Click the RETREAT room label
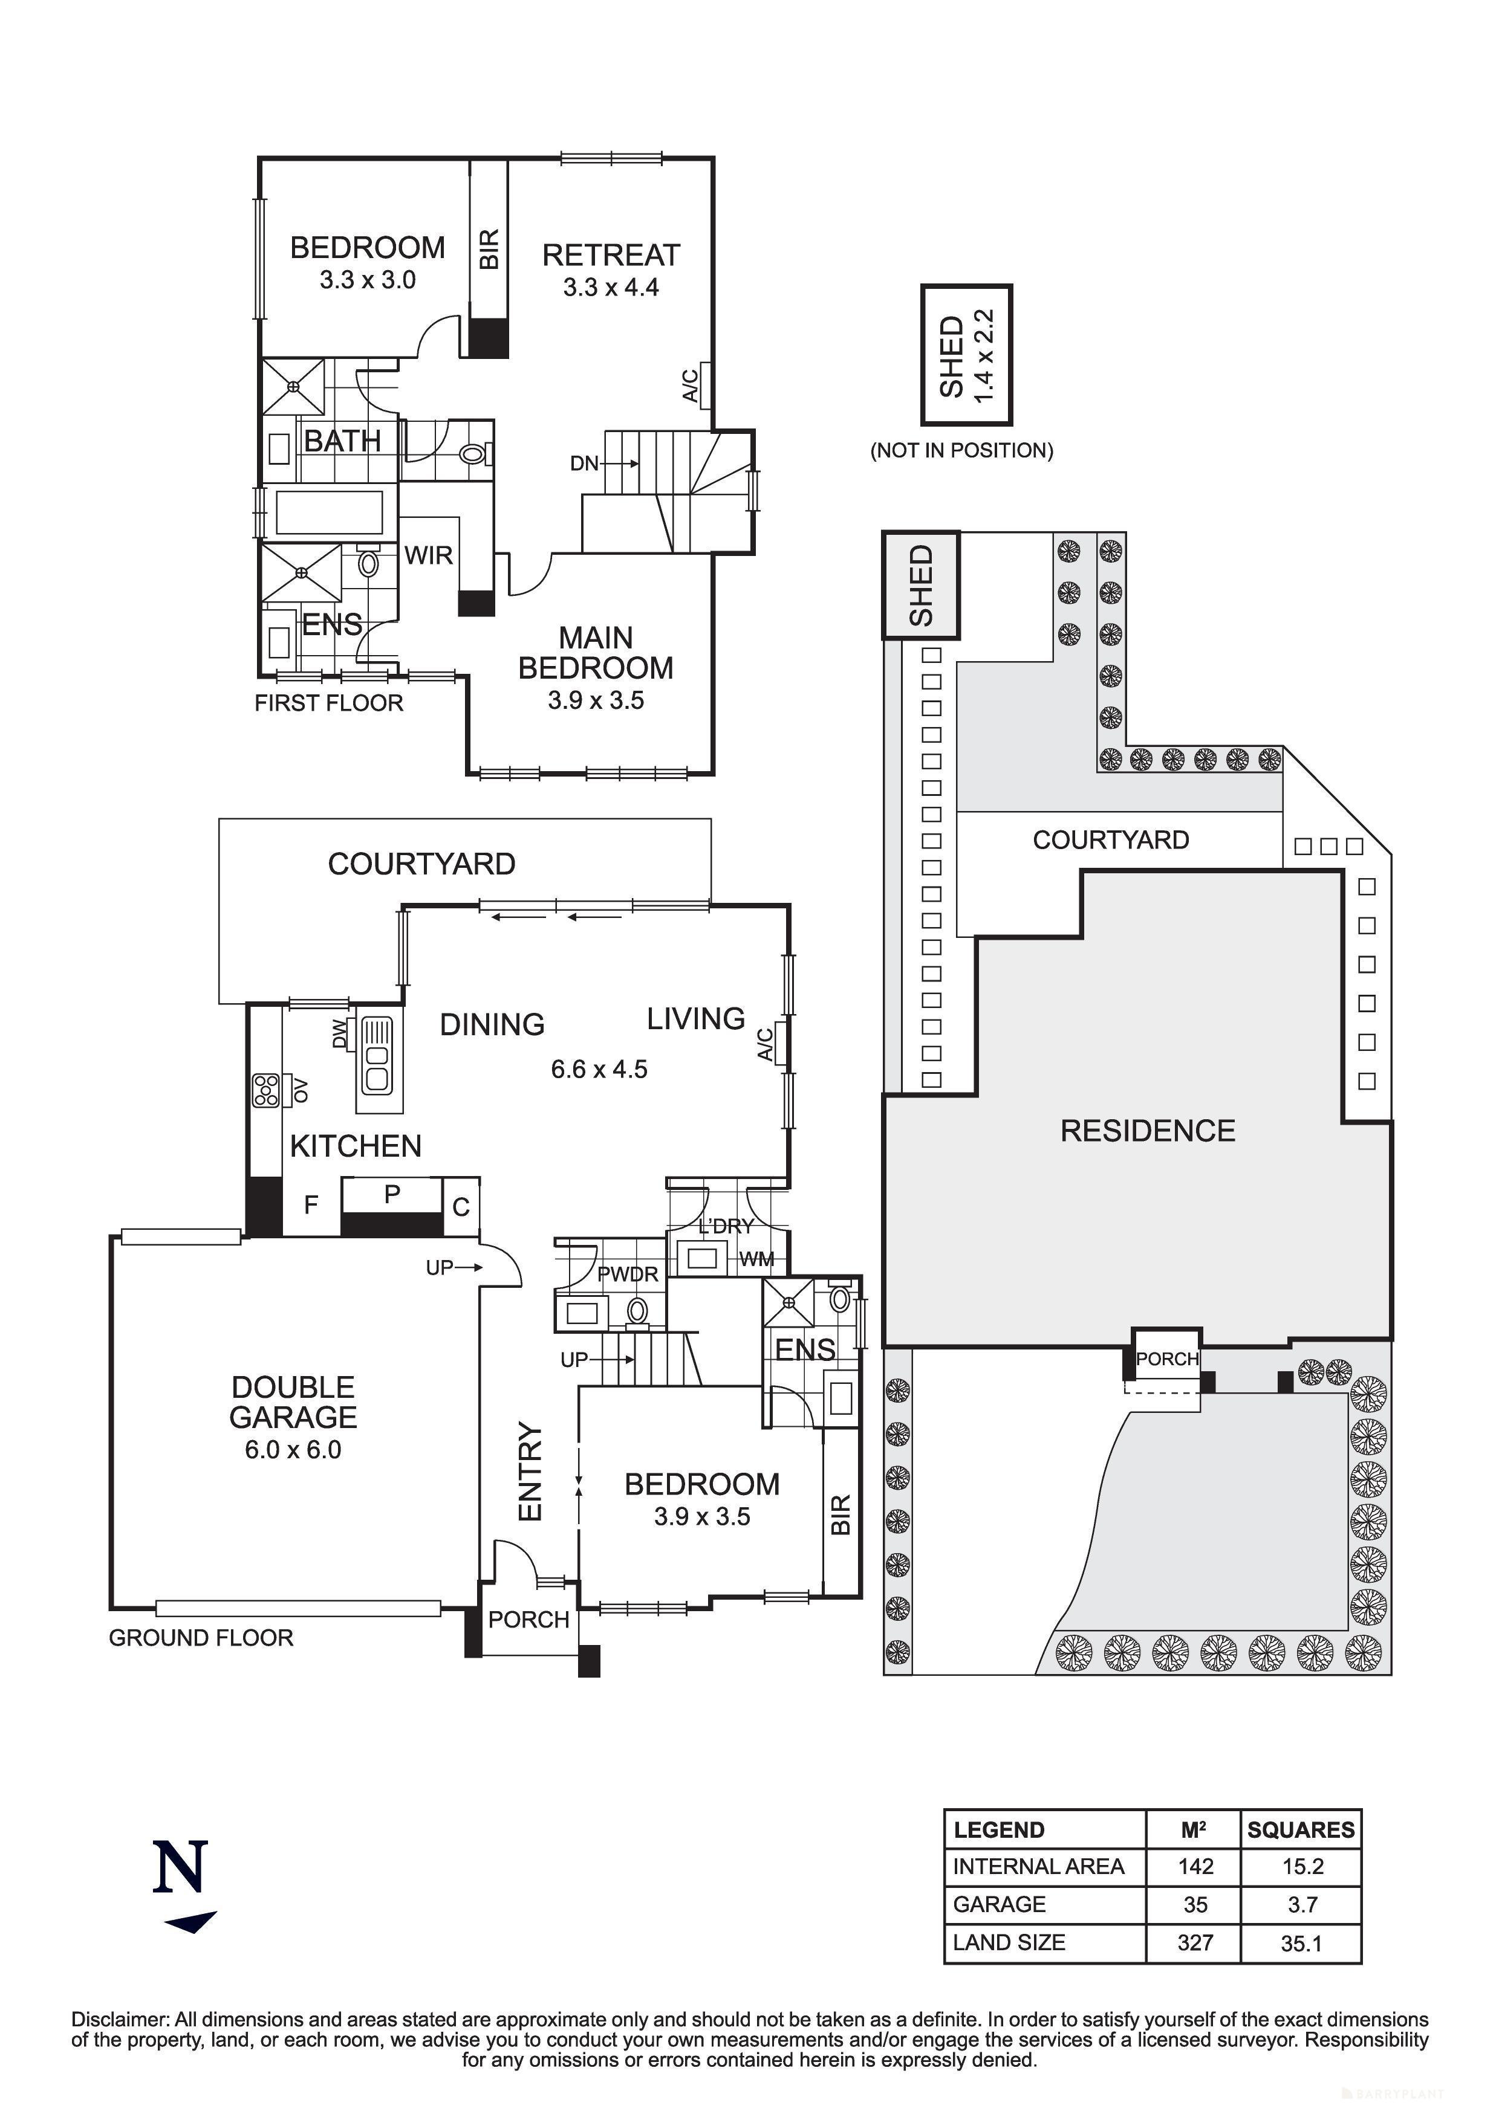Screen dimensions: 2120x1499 [x=611, y=255]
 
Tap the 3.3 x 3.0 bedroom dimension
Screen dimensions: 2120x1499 [x=368, y=280]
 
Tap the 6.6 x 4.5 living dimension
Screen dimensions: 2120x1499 [x=599, y=1069]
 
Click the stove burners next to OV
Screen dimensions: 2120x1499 [x=267, y=1090]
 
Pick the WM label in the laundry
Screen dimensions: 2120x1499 [x=756, y=1259]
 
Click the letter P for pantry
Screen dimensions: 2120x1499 [x=392, y=1194]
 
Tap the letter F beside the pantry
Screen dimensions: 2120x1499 [x=311, y=1204]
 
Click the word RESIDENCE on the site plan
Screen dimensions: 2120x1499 [x=1147, y=1131]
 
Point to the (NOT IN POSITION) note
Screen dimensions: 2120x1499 [x=961, y=451]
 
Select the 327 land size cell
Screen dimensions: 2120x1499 [x=1194, y=1943]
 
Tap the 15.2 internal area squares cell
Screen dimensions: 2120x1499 [x=1302, y=1867]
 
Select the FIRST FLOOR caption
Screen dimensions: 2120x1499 [x=329, y=703]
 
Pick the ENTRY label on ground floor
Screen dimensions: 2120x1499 [x=530, y=1471]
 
